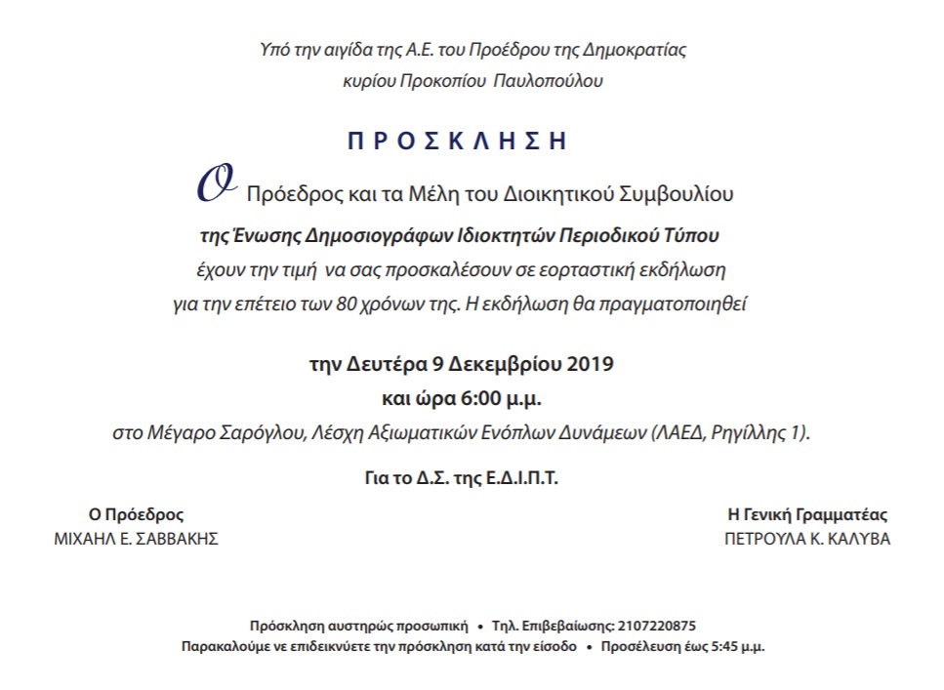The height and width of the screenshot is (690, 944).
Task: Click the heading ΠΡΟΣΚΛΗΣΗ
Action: pyautogui.click(x=457, y=141)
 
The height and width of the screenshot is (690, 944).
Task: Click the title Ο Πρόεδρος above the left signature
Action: pyautogui.click(x=136, y=515)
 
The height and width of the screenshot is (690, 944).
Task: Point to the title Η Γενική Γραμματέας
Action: pyautogui.click(x=806, y=515)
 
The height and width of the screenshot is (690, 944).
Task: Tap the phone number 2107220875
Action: pyautogui.click(x=655, y=626)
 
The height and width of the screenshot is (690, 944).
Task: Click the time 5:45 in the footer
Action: pyautogui.click(x=723, y=647)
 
